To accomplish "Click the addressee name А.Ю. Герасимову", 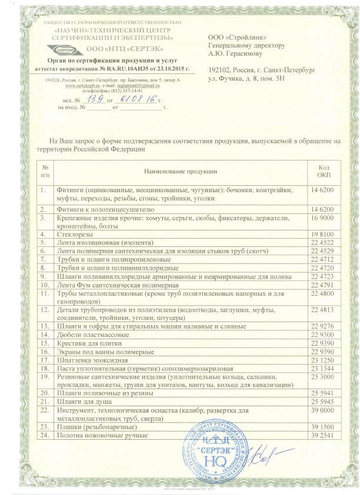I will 236,52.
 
